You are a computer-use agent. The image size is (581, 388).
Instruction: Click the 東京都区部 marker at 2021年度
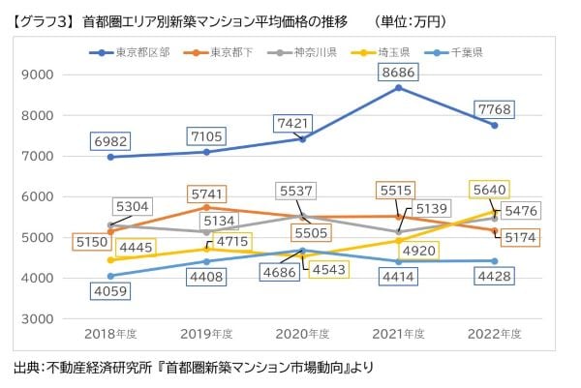click(398, 88)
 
